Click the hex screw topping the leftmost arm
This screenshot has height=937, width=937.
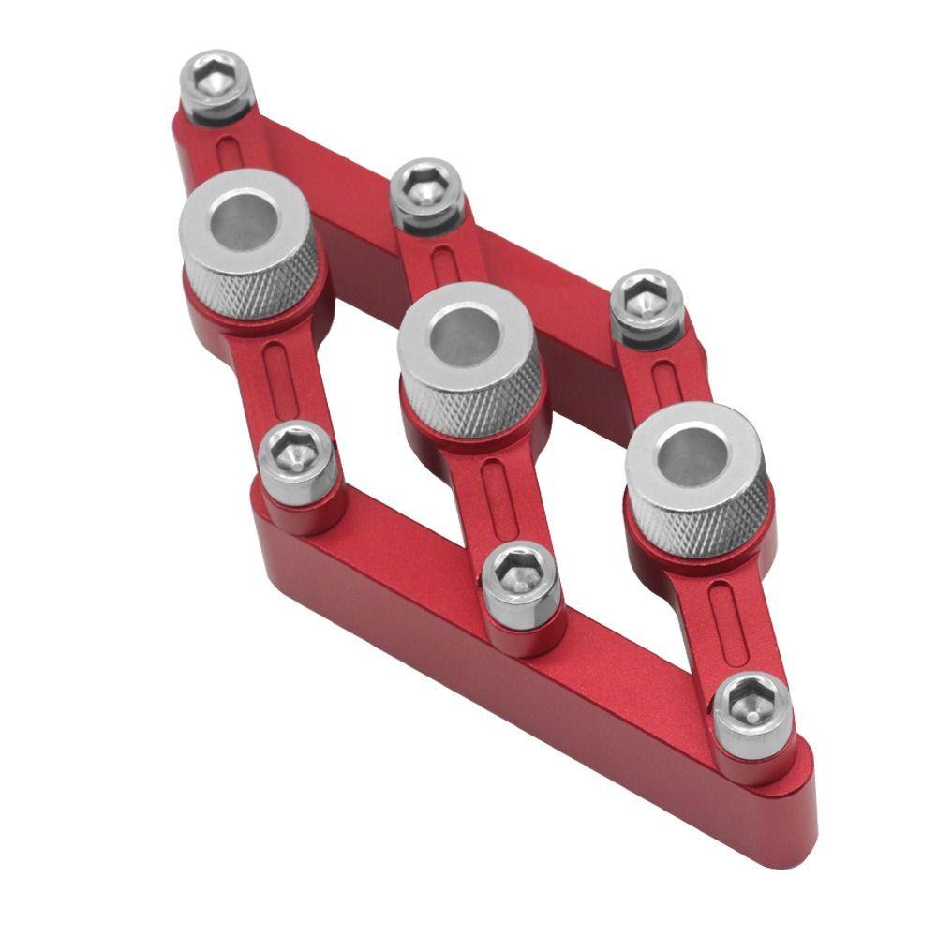pyautogui.click(x=216, y=80)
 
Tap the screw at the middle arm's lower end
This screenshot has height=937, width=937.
pyautogui.click(x=520, y=577)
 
